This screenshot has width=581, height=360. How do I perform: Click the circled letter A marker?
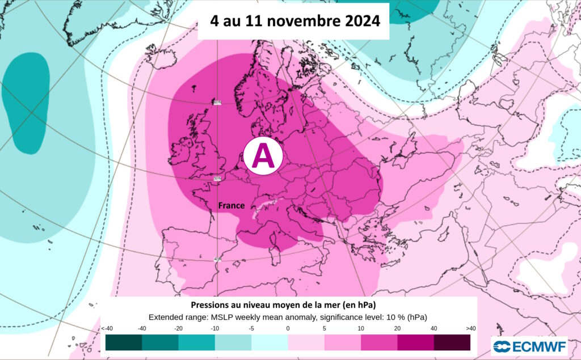coord(263,155)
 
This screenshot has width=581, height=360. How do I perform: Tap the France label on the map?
coord(231,206)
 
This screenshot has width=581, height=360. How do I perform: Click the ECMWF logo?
coord(529,346)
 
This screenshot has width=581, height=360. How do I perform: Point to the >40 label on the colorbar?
coord(470,328)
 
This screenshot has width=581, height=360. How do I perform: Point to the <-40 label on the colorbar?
coord(106,328)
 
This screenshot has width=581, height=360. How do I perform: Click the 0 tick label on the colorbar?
coord(288,328)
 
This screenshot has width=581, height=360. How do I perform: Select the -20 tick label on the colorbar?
coord(179,328)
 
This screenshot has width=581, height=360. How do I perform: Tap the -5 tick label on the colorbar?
coord(251,328)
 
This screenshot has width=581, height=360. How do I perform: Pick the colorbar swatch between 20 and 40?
coord(415,342)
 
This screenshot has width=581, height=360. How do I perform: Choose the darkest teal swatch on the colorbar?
coord(124,342)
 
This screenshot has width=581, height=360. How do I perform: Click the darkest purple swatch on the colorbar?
coord(452,342)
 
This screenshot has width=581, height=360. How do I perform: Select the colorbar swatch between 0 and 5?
coord(306,342)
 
